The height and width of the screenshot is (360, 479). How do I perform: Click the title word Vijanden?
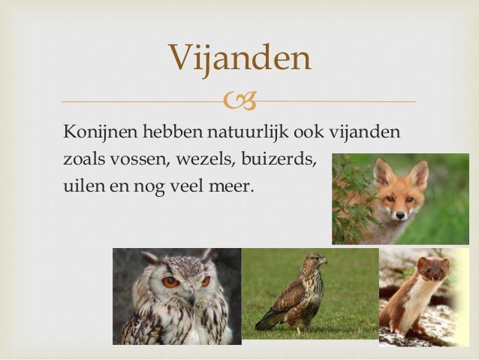tap(239, 58)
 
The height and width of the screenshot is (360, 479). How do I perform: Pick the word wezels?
tap(206, 159)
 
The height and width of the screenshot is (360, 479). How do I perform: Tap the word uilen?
tap(81, 185)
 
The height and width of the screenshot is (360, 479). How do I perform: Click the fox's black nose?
tap(399, 215)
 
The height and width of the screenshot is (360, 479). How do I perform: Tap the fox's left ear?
tap(383, 171)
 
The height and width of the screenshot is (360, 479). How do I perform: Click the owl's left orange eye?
tap(170, 283)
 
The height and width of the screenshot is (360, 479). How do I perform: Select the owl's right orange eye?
tap(206, 281)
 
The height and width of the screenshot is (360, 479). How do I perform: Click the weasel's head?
tap(434, 267)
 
